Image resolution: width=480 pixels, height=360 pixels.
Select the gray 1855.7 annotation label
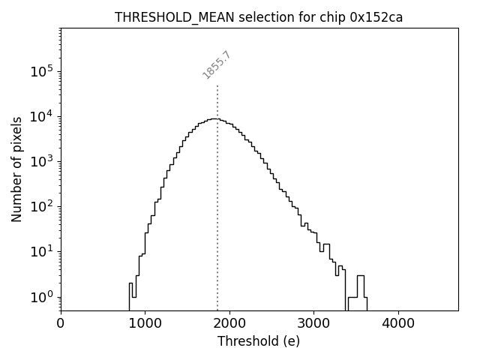[x=217, y=65]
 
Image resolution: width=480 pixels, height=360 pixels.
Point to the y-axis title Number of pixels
[x=17, y=169]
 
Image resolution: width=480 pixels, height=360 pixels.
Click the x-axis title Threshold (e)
[x=259, y=341]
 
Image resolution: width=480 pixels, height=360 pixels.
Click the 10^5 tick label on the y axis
[x=42, y=71]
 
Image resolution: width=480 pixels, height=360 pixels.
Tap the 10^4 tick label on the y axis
[x=42, y=116]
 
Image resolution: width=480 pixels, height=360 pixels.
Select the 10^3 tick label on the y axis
[x=42, y=161]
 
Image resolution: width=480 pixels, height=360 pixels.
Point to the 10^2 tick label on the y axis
[x=42, y=206]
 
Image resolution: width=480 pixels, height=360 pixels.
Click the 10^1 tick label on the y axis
[x=42, y=251]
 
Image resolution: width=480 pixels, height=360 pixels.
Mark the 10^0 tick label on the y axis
[x=42, y=296]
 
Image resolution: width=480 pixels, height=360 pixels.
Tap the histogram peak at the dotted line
[x=216, y=118]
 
